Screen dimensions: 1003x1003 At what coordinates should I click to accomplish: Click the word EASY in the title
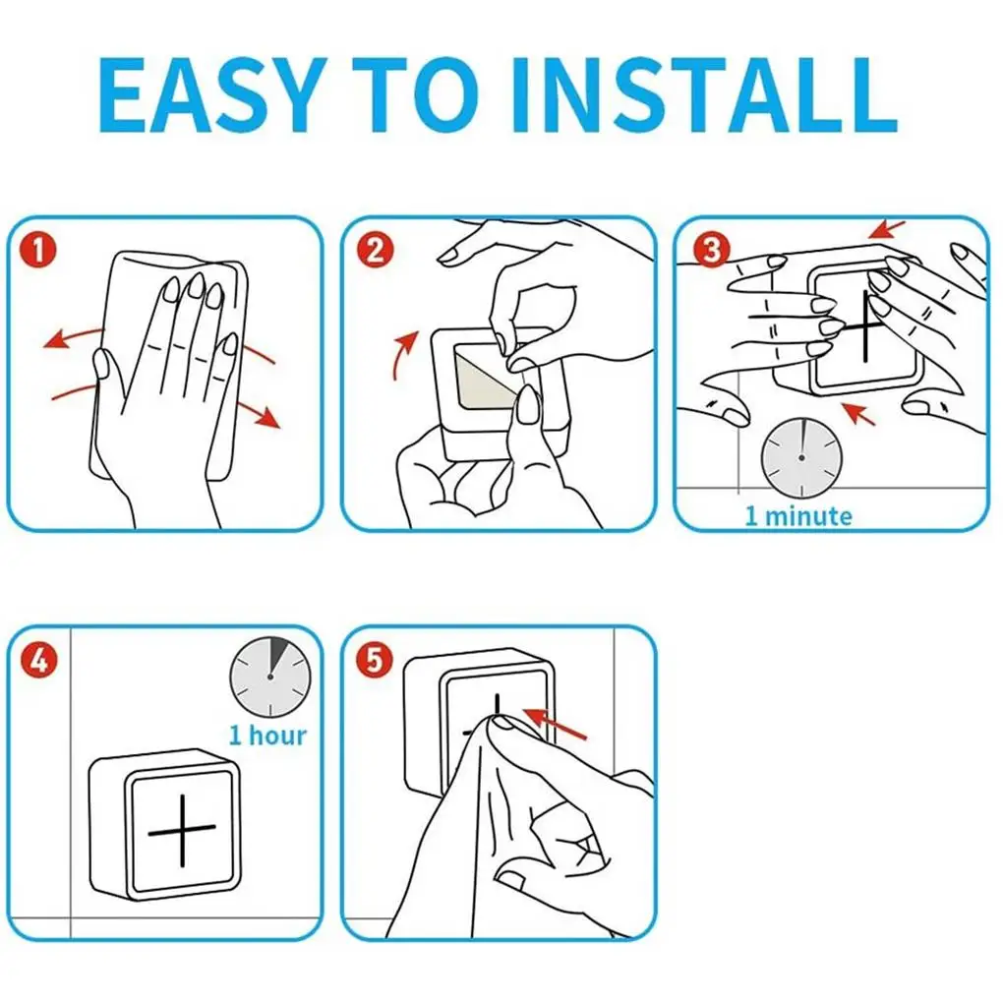click(x=208, y=95)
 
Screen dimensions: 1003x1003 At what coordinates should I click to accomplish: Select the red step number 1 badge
click(x=37, y=250)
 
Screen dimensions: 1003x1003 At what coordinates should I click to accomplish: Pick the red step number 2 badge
click(x=375, y=250)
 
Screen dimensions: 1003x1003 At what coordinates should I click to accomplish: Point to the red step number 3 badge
click(x=711, y=250)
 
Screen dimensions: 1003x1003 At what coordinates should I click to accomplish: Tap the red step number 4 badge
click(x=39, y=660)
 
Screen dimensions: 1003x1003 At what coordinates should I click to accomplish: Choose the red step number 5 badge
click(x=375, y=660)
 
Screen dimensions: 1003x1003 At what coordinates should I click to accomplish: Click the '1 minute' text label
click(x=798, y=515)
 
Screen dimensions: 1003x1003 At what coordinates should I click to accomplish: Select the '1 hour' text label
click(x=268, y=735)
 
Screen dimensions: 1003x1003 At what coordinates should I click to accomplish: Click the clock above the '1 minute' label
click(x=801, y=458)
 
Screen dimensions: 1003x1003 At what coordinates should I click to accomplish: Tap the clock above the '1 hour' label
click(x=270, y=677)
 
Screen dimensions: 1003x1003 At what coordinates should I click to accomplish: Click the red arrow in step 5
click(x=555, y=724)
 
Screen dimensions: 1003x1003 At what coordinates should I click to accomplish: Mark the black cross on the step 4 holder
click(x=182, y=831)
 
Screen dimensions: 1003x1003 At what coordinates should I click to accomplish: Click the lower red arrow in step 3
click(x=858, y=414)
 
